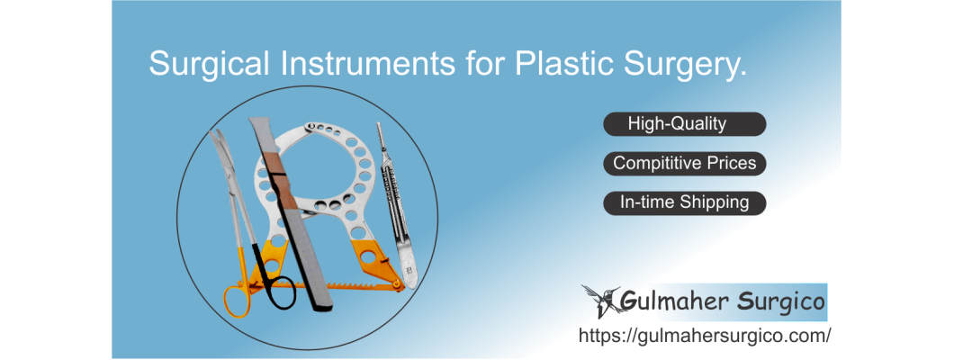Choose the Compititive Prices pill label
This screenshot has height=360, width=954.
tap(684, 164)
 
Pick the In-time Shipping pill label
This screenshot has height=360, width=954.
tap(684, 202)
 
